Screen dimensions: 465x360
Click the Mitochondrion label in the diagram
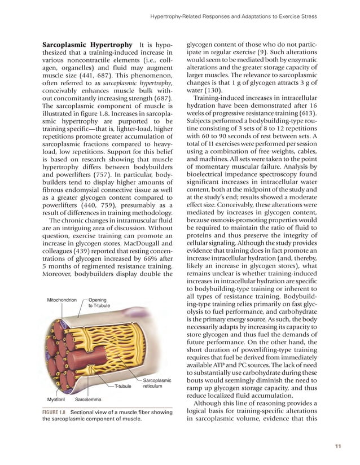tap(62, 300)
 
